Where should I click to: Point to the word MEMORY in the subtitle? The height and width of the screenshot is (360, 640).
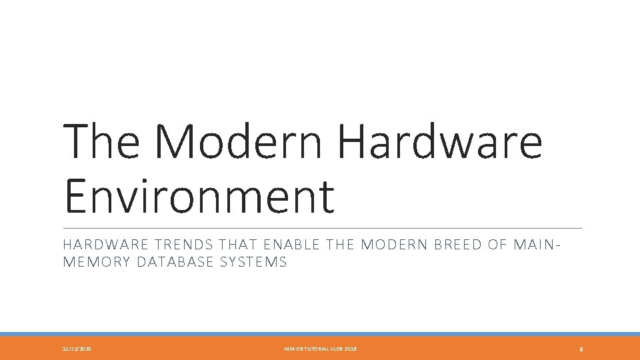pyautogui.click(x=96, y=262)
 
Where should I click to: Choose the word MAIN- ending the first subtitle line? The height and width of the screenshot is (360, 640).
pyautogui.click(x=537, y=245)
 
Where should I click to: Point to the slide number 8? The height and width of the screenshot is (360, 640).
pyautogui.click(x=581, y=349)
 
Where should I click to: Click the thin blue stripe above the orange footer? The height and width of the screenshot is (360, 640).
pyautogui.click(x=320, y=334)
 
